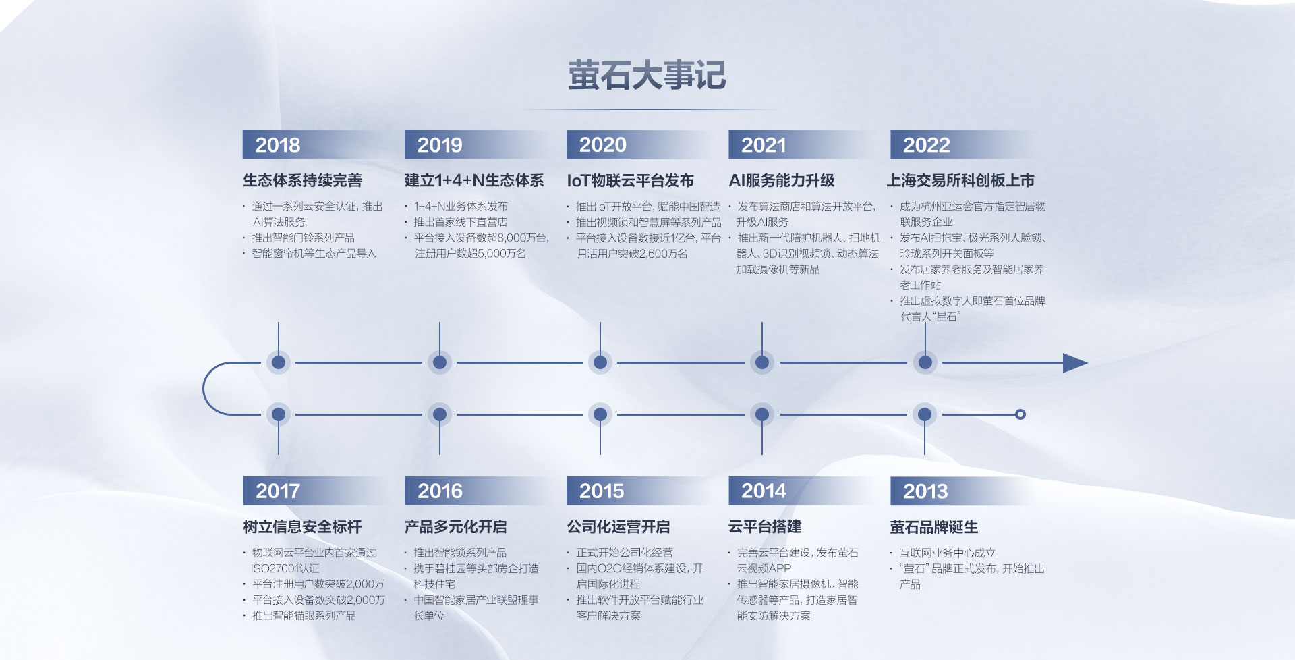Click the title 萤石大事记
647,75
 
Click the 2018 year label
278,145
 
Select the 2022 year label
926,145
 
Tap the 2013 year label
925,491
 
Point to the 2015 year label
602,491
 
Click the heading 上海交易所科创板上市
960,181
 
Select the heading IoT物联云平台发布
630,181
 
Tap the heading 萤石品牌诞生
933,527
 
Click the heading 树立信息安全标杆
302,527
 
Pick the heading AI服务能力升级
782,181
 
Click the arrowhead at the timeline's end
1075,363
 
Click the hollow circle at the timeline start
1020,414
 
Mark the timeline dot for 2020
600,362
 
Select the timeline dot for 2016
440,414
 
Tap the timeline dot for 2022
925,362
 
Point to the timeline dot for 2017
278,414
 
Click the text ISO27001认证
285,569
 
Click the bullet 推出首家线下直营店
461,222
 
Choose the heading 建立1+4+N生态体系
474,181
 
